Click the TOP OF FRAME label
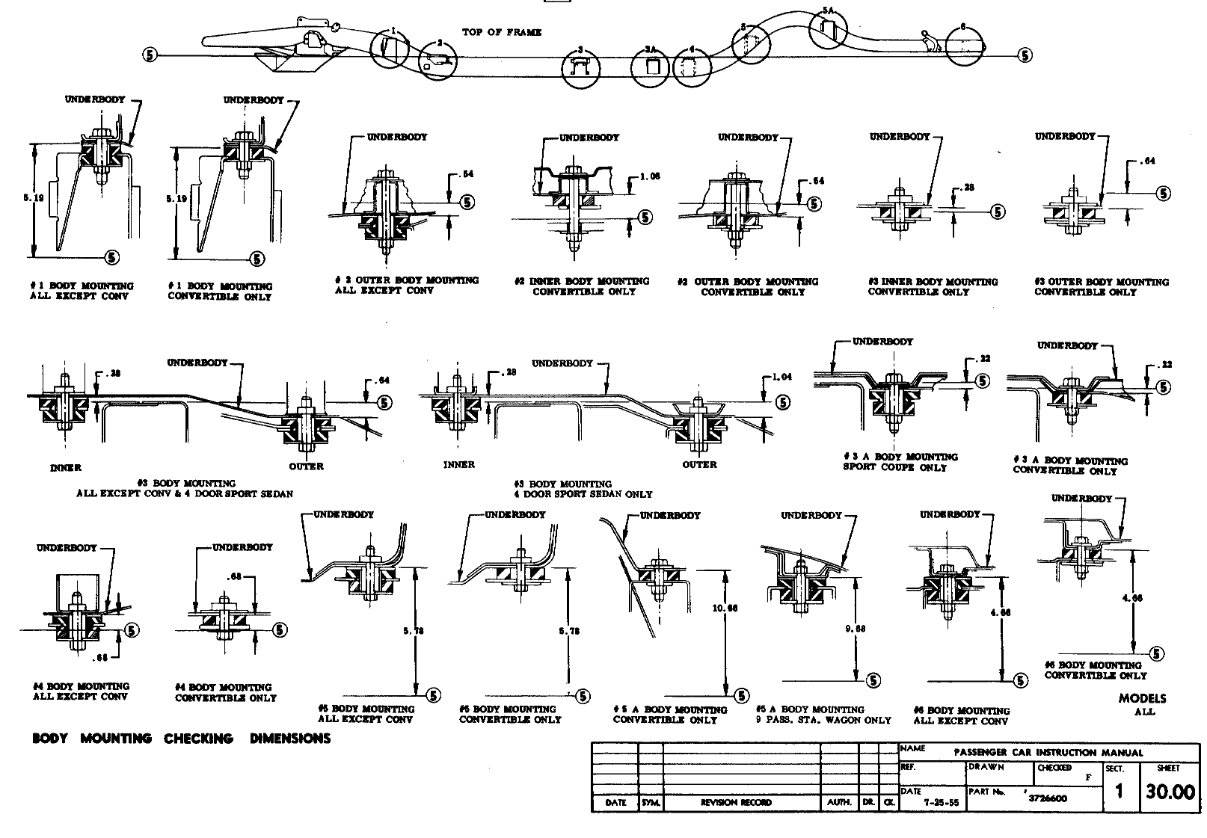pyautogui.click(x=501, y=32)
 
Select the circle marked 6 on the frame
pyautogui.click(x=964, y=46)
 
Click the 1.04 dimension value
pyautogui.click(x=781, y=378)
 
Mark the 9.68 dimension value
pyautogui.click(x=856, y=629)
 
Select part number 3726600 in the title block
pyautogui.click(x=1048, y=798)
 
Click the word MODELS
pyautogui.click(x=1142, y=698)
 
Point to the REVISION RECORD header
pyautogui.click(x=736, y=802)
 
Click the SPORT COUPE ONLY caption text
pyautogui.click(x=894, y=467)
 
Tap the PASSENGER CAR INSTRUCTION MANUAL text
pyautogui.click(x=1048, y=753)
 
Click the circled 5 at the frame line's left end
pyautogui.click(x=150, y=54)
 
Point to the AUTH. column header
pyautogui.click(x=840, y=802)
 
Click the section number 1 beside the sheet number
pyautogui.click(x=1119, y=792)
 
